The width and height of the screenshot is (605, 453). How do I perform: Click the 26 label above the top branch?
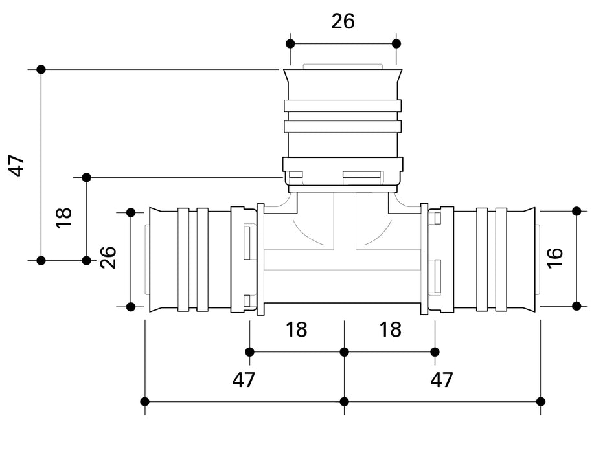pos(343,21)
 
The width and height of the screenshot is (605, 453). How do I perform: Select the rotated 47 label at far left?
pos(17,165)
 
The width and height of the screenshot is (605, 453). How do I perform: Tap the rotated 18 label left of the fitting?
pos(63,217)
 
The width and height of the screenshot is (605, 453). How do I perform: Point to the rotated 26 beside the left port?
pos(108,258)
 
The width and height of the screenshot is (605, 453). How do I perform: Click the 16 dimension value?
pos(555,258)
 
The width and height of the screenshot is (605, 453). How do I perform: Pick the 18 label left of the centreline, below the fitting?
pos(297,329)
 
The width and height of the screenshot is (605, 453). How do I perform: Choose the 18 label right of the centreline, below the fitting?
pos(391,329)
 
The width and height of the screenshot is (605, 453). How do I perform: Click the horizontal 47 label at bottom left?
pos(244,380)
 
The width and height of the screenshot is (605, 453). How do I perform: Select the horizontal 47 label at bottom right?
pos(442,380)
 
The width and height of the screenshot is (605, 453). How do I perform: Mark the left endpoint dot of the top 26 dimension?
pos(290,43)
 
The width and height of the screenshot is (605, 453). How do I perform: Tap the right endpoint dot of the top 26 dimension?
pos(396,43)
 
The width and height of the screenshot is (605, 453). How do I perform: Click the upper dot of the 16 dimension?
pos(576,211)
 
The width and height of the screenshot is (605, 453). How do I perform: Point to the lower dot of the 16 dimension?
pos(576,305)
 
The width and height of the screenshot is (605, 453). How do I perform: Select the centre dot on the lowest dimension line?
pos(344,401)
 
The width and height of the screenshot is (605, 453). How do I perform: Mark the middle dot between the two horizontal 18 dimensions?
pos(344,351)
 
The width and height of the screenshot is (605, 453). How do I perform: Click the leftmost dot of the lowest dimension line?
pos(145,401)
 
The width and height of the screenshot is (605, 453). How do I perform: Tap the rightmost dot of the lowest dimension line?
pos(541,401)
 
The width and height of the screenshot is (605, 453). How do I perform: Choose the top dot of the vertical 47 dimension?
pos(41,69)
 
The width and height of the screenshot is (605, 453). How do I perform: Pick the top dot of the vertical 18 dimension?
pos(86,177)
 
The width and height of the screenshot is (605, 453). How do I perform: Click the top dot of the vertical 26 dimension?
pos(130,212)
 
